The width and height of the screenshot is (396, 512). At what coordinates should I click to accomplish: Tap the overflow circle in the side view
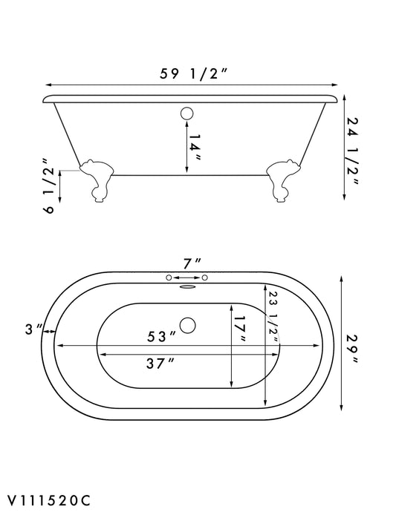point(187,114)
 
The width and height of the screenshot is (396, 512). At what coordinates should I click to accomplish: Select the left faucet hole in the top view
point(169,278)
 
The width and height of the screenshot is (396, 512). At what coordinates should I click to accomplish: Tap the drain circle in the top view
point(189,325)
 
